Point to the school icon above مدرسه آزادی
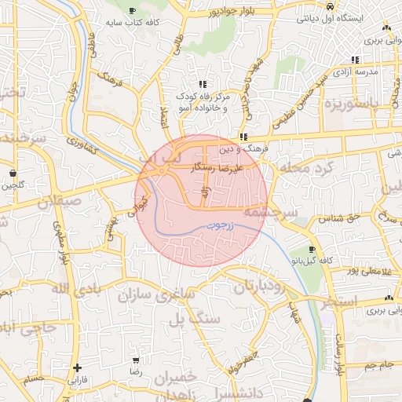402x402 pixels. (x=356, y=60)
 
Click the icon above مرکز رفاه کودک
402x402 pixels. (x=203, y=84)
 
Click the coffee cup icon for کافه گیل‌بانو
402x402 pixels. (x=312, y=249)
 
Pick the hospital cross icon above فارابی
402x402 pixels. (x=77, y=367)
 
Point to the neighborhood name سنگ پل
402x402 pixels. (x=188, y=318)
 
